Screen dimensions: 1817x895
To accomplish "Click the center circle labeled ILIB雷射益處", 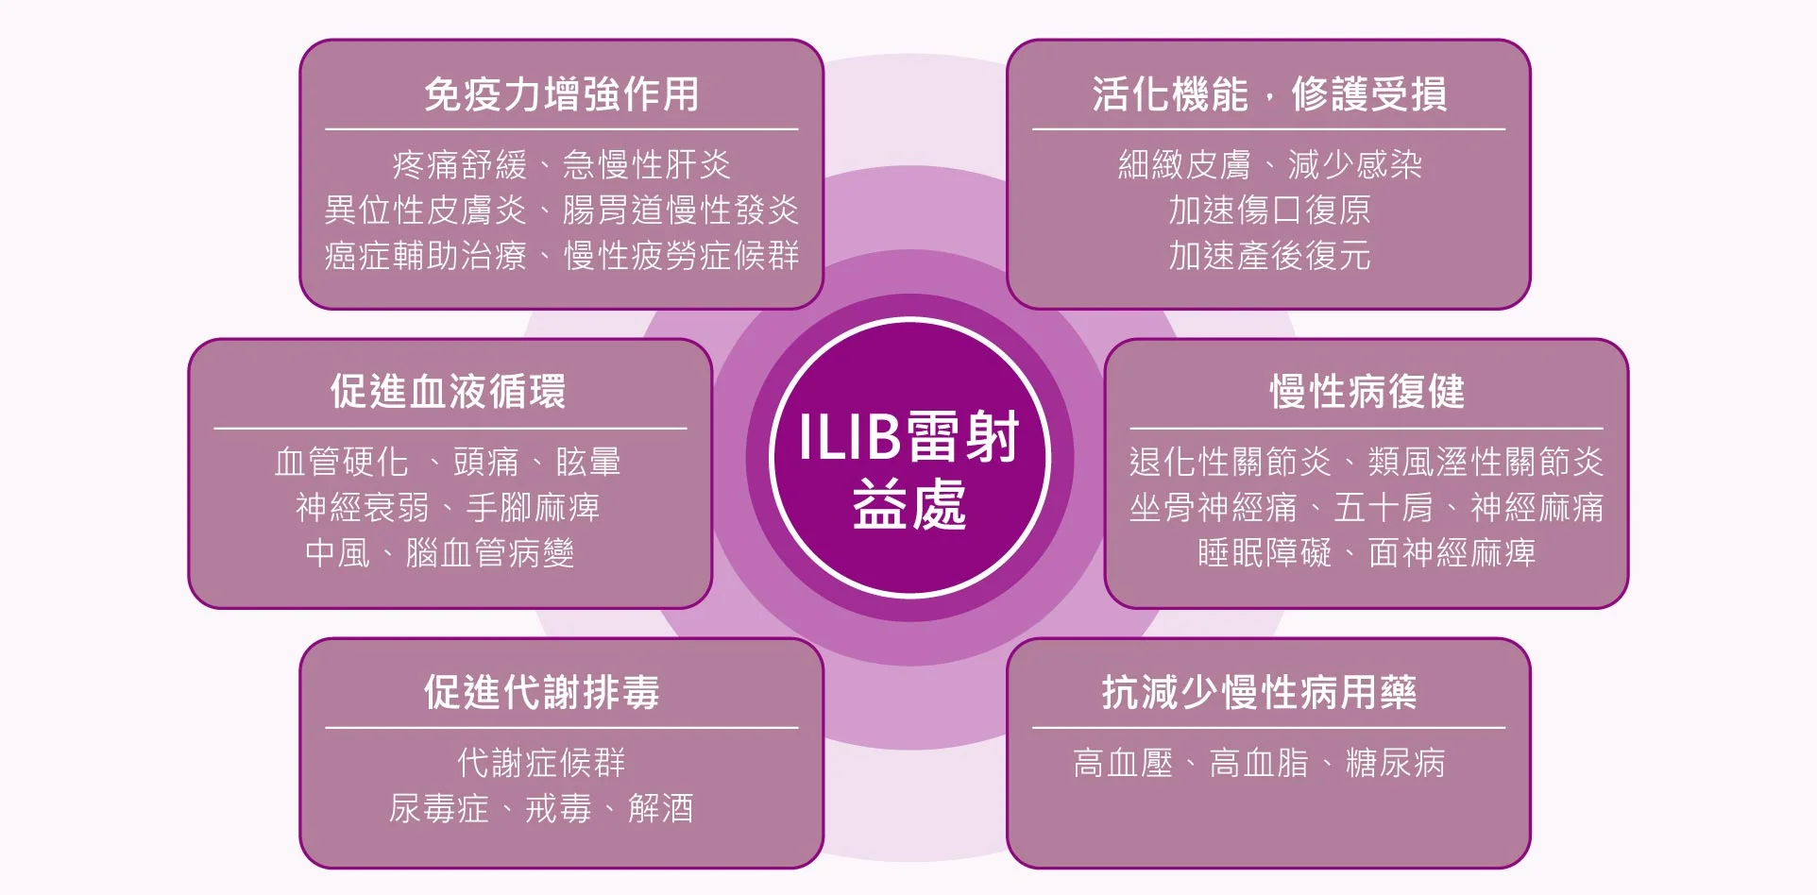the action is click(x=909, y=458).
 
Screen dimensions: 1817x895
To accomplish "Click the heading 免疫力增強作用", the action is click(x=562, y=94).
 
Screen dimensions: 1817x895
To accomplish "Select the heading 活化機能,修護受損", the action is click(x=1269, y=94).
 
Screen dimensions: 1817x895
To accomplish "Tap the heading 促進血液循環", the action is click(x=449, y=391).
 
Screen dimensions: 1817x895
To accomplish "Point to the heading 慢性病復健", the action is click(x=1367, y=391).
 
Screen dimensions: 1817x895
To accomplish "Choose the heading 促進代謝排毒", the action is click(x=542, y=692).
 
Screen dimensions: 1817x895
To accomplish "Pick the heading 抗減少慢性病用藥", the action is click(x=1259, y=692).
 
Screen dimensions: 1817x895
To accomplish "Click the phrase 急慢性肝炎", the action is click(x=647, y=165).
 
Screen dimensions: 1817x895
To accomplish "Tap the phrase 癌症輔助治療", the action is click(x=425, y=256).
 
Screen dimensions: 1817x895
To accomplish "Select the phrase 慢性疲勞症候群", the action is click(x=682, y=256).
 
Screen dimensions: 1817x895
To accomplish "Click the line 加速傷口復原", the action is click(x=1269, y=210).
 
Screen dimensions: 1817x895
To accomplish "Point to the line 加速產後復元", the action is click(x=1269, y=256).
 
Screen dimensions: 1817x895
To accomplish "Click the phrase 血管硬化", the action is click(x=342, y=462).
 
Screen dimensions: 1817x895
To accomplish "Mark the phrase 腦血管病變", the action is click(x=490, y=552).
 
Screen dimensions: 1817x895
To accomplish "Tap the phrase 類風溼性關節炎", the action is click(x=1486, y=462).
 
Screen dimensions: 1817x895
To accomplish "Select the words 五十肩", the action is click(x=1384, y=507).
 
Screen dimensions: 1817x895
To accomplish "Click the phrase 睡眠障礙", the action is click(x=1265, y=552).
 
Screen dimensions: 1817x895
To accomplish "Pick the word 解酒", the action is click(x=661, y=808).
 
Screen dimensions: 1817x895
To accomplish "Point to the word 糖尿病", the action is click(x=1395, y=763).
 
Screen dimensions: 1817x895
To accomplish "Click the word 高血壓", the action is click(x=1124, y=763).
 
